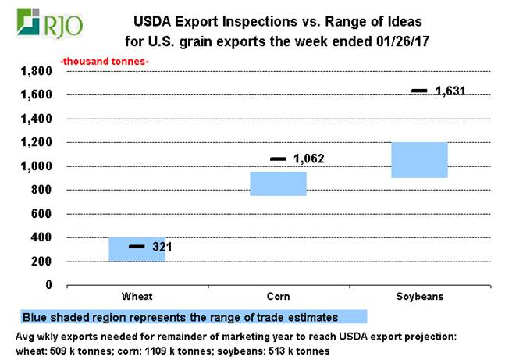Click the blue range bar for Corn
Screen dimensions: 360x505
[278, 184]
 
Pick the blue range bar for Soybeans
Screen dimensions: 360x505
[419, 160]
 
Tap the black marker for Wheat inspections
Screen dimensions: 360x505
[137, 247]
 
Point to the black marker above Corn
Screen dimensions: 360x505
[278, 159]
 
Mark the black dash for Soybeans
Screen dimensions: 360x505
[419, 91]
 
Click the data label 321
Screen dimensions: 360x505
[162, 248]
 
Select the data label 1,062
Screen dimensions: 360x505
[308, 159]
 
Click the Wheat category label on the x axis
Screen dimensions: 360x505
[137, 298]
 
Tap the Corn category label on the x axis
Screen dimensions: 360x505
[278, 298]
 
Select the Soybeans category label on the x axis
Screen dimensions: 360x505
[419, 298]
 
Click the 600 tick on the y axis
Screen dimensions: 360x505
[41, 214]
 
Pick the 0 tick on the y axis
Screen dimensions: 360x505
[48, 285]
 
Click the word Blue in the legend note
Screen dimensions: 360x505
[36, 318]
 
